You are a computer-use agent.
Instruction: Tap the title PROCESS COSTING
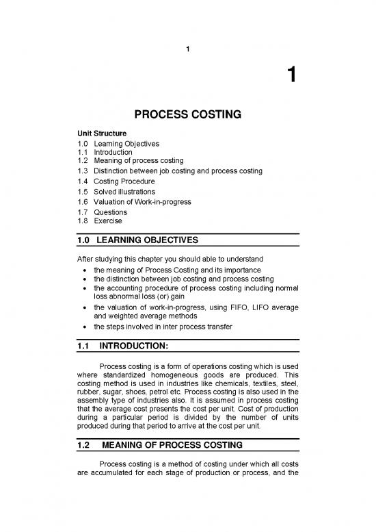[x=187, y=115]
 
